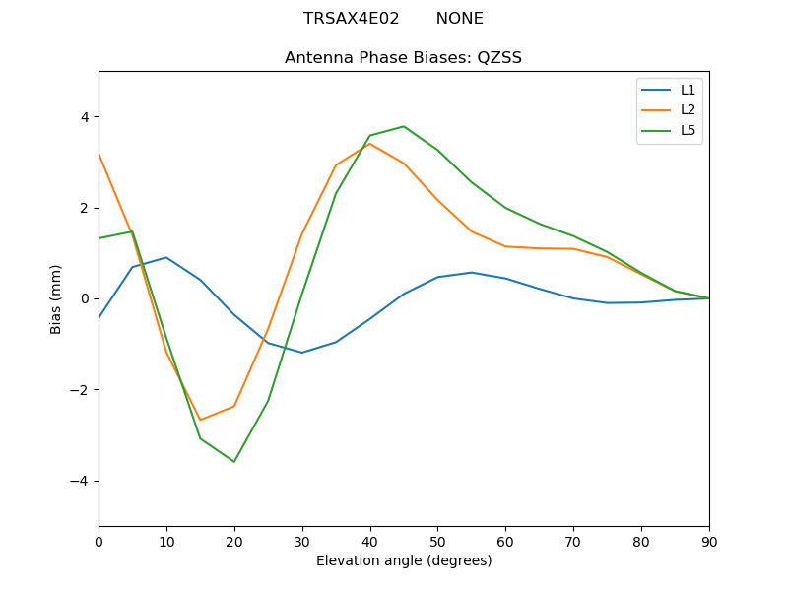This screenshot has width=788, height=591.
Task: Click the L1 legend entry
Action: click(x=688, y=89)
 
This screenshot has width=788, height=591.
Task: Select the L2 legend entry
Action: click(x=688, y=109)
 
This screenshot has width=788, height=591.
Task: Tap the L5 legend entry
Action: click(x=688, y=130)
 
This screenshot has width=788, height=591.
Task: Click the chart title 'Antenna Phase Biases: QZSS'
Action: click(x=403, y=58)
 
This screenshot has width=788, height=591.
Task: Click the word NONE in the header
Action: click(x=459, y=19)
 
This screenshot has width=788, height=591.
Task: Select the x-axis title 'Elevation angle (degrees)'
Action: click(x=404, y=561)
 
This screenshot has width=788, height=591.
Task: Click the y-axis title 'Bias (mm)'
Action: click(x=56, y=298)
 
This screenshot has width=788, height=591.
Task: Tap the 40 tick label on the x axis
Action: click(x=369, y=541)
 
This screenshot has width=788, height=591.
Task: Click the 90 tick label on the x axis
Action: click(x=709, y=541)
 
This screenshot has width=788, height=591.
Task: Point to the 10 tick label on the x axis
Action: click(x=166, y=541)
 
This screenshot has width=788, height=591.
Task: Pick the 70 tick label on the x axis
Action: click(x=573, y=541)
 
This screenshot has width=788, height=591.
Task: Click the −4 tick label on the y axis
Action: click(x=79, y=481)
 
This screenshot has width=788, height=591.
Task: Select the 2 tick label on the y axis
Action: click(x=84, y=208)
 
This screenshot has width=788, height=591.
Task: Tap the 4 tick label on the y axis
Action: click(x=84, y=117)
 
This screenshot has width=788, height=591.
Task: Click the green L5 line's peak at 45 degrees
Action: click(x=404, y=126)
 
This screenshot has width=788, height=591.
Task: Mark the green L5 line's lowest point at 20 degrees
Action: click(x=234, y=461)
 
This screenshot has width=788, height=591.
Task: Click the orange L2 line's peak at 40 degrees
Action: click(x=369, y=144)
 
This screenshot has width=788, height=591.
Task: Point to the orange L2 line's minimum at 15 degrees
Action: click(x=200, y=420)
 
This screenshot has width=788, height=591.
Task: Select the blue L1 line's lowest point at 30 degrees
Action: click(x=302, y=353)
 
